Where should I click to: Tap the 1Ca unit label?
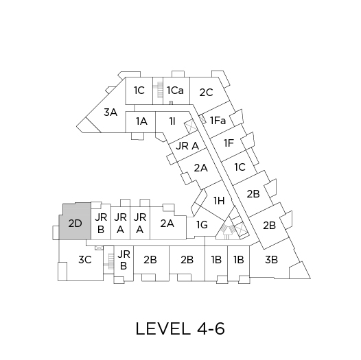pos(176,91)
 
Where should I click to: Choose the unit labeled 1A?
pos(141,121)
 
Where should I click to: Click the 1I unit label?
pos(172,121)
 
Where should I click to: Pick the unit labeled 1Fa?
pos(218,121)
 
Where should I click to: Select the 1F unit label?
pos(229,143)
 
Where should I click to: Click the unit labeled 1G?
pos(202,225)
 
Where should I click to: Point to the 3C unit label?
pos(85,260)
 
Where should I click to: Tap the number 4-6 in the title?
pos(211,328)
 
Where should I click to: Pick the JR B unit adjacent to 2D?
pos(101,223)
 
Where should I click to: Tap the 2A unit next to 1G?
pos(167,224)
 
